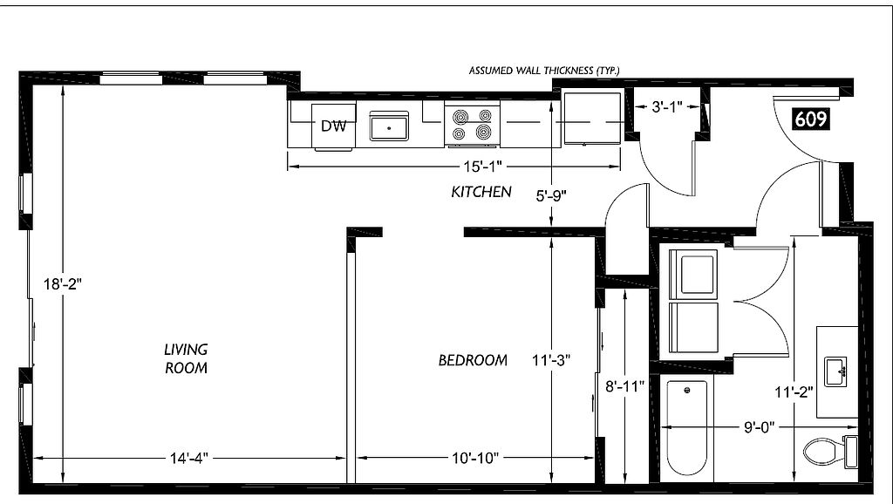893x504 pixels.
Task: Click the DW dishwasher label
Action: coord(334,126)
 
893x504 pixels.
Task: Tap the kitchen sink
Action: coord(389,126)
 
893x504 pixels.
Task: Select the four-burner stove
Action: coord(472,126)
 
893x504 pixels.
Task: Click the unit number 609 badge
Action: coord(810,119)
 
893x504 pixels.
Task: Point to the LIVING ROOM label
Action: coord(187,358)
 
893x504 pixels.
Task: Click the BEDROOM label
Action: coord(473,360)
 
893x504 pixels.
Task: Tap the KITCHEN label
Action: coord(481,192)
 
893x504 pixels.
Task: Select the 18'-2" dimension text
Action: coord(63,283)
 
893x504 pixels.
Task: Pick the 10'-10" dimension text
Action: coord(475,458)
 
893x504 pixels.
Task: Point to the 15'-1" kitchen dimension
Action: coord(481,167)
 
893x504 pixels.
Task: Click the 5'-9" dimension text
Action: coord(551,196)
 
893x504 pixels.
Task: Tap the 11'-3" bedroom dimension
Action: coord(551,360)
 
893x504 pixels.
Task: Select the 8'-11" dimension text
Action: coord(624,386)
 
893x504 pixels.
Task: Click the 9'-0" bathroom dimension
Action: coord(760,427)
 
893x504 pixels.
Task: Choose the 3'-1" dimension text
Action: coord(667,106)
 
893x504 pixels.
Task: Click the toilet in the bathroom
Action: coord(831,453)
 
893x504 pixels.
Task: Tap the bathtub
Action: coord(687,427)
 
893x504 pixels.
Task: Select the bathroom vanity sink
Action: coord(835,371)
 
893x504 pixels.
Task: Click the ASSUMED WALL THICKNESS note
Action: coord(544,71)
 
